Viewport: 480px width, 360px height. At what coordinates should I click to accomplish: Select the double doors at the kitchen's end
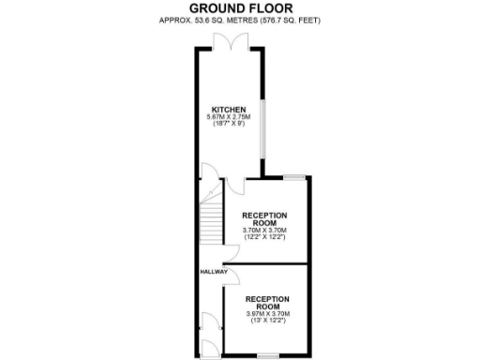click(230, 41)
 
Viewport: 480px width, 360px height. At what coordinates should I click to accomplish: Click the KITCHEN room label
click(229, 109)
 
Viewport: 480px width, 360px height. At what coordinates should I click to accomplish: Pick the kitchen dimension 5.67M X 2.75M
click(229, 116)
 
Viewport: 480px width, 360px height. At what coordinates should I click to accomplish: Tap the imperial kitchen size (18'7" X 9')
click(229, 124)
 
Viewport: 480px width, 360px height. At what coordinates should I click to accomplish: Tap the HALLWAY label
click(213, 272)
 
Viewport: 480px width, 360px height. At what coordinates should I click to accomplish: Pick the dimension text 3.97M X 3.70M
click(267, 313)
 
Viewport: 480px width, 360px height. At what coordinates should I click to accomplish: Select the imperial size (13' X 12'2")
click(267, 321)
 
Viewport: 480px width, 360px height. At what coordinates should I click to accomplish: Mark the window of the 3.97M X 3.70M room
click(268, 355)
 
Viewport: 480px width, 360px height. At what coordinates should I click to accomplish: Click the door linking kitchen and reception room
click(243, 184)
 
